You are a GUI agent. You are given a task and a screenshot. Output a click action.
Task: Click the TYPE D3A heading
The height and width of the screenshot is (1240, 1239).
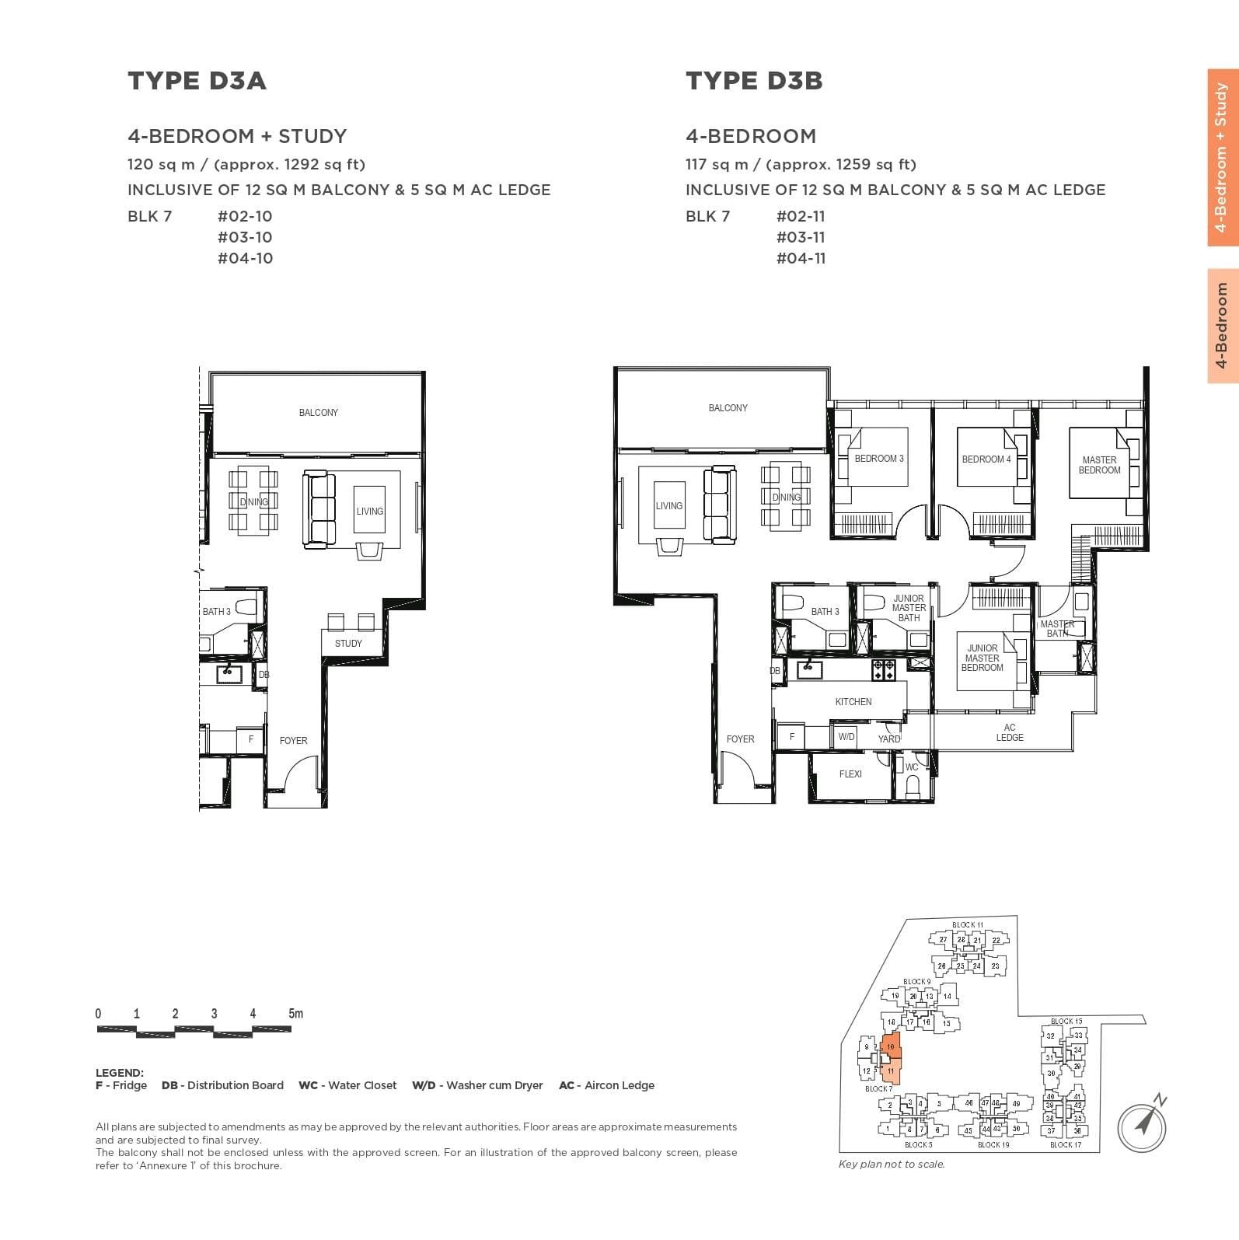click(197, 81)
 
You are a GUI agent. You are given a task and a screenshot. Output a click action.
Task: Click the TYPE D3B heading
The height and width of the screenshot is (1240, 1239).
click(753, 81)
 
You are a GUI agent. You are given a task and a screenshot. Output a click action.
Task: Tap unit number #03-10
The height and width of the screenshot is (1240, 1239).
click(245, 237)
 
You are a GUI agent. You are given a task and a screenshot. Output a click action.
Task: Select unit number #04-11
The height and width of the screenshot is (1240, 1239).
click(800, 258)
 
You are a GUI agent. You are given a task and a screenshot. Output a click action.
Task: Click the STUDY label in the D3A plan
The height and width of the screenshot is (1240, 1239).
click(348, 643)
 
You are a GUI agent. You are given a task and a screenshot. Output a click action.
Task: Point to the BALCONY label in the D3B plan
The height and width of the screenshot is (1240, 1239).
click(728, 407)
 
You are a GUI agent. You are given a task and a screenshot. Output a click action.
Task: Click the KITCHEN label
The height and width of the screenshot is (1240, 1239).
click(853, 701)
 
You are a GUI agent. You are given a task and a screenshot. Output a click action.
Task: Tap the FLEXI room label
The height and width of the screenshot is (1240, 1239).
click(850, 774)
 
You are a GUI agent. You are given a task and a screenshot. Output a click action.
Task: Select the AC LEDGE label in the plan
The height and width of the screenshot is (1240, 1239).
click(1009, 732)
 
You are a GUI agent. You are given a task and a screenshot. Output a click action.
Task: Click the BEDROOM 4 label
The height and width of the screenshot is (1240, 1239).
click(986, 459)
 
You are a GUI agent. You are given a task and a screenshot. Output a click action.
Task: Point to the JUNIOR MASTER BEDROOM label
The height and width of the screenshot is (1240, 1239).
click(982, 658)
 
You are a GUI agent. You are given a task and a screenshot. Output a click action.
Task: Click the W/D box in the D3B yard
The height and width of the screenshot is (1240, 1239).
click(846, 736)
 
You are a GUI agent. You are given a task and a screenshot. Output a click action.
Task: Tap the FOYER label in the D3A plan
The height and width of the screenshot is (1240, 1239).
click(293, 740)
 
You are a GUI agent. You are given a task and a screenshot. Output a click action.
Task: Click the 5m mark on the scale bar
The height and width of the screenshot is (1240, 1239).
click(295, 1014)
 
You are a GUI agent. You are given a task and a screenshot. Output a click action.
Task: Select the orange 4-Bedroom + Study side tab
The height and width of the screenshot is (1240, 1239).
click(1222, 158)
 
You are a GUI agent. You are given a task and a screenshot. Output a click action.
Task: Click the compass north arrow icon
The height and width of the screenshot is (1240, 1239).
click(1143, 1123)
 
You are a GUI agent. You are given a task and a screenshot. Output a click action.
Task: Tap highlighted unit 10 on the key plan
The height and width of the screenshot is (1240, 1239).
click(891, 1046)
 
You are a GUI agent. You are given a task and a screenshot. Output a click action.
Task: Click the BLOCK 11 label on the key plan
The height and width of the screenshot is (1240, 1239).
click(967, 925)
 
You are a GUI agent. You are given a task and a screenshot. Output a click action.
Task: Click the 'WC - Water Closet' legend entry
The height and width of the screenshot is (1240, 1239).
click(347, 1085)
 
